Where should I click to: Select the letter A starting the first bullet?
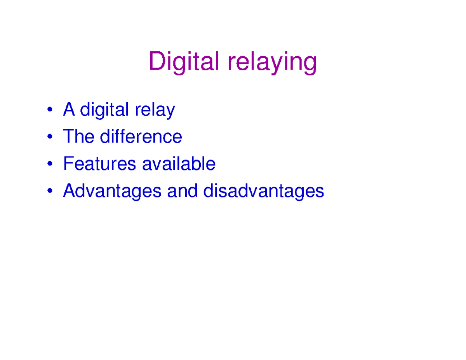(x=69, y=110)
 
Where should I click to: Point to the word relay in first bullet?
(x=155, y=111)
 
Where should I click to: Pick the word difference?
(x=141, y=137)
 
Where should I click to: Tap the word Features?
(x=99, y=164)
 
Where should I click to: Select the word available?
(x=179, y=164)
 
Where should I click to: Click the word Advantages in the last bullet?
(x=112, y=191)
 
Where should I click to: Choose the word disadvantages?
(x=264, y=191)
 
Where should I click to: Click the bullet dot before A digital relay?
(x=49, y=111)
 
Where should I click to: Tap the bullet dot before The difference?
(x=49, y=138)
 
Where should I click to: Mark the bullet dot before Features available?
(x=49, y=165)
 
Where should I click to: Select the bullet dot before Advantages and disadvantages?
(x=49, y=192)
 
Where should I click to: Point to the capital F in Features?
(x=68, y=164)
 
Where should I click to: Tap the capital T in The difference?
(x=68, y=137)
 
